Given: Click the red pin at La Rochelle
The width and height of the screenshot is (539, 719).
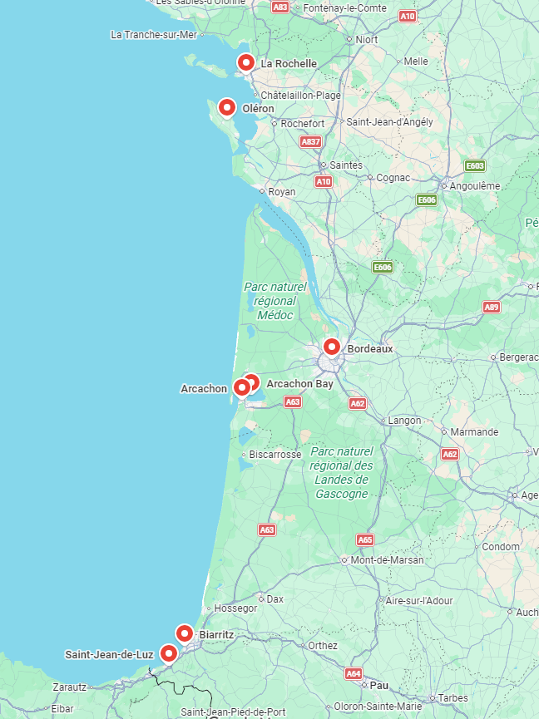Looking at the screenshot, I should [245, 62].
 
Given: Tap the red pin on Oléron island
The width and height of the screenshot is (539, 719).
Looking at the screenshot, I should [226, 107].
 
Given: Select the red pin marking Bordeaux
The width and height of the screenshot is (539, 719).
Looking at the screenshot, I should [332, 347].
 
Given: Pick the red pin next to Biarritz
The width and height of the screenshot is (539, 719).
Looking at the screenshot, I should [184, 633].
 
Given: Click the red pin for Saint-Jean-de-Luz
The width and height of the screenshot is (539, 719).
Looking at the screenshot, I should [169, 653].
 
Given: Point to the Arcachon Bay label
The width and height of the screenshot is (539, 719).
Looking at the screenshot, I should [299, 384].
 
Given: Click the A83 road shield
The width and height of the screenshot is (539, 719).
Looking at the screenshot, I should [280, 7].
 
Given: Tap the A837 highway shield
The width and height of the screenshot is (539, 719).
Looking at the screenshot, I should [310, 142].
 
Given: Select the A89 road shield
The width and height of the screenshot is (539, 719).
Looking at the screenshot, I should [492, 308].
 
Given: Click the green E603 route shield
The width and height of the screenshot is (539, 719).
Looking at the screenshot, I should [475, 165].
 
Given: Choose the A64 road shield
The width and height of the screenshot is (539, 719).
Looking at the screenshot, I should [354, 673].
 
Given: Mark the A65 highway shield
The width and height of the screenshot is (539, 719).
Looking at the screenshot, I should [365, 539].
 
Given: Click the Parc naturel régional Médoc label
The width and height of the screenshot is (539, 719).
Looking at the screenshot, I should [275, 301].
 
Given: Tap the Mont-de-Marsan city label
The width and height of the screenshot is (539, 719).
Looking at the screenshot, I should [387, 560].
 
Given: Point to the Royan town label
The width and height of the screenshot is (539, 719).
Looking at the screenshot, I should [282, 192].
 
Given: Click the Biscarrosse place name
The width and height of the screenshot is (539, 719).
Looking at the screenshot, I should [275, 455].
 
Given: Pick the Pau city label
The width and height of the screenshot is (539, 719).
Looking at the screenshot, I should [379, 685].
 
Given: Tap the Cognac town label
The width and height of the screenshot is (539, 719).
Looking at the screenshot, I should [393, 178].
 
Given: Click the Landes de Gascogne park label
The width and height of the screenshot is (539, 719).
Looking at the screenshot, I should [341, 472].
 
